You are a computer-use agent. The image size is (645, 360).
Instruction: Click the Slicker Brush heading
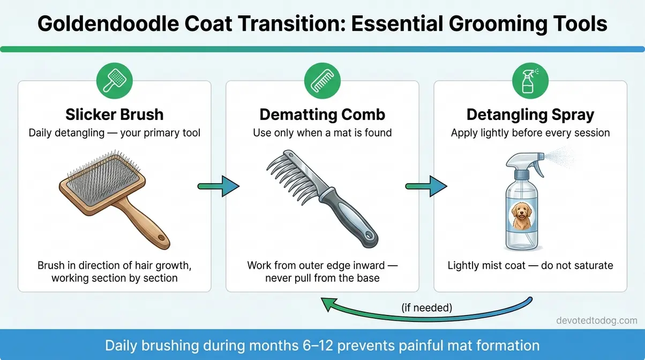pos(114,115)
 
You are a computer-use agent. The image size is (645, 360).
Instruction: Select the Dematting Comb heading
pos(322,115)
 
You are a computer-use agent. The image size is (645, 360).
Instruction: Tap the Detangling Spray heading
pos(530,115)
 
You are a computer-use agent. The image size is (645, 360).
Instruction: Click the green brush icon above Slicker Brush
pos(114,81)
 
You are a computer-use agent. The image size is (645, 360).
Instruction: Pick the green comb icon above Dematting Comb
pos(322,81)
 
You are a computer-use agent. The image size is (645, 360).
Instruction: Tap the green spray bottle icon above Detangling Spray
pos(530,81)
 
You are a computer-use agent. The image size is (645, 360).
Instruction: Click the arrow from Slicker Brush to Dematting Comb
pos(219,186)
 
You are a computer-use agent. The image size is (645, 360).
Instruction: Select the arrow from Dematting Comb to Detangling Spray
pos(426,186)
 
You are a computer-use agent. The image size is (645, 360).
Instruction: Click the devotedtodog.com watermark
pos(597,321)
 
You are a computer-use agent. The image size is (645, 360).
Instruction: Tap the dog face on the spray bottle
pos(519,214)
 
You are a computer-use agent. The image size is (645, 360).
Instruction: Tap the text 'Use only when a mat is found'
pos(322,132)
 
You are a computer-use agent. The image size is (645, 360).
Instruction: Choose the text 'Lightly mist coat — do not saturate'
pos(530,265)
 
